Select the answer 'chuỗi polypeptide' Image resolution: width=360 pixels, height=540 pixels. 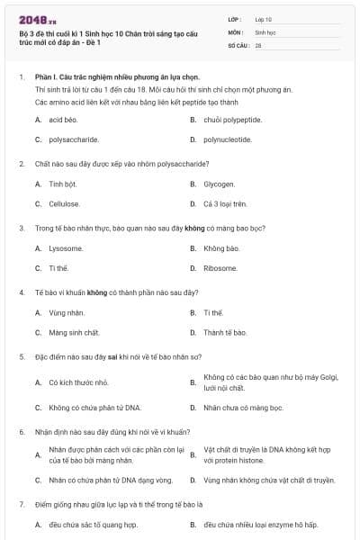(232, 119)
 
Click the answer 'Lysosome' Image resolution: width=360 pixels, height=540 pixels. (66, 247)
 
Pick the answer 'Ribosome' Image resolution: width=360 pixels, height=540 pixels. (220, 267)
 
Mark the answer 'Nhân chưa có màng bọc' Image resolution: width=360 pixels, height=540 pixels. (243, 407)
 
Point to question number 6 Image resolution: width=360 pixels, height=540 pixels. (21, 431)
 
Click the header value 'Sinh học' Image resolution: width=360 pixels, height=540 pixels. (265, 31)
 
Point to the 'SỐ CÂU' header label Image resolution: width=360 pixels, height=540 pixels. (238, 44)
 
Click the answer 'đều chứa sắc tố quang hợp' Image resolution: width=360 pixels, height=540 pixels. (93, 524)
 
